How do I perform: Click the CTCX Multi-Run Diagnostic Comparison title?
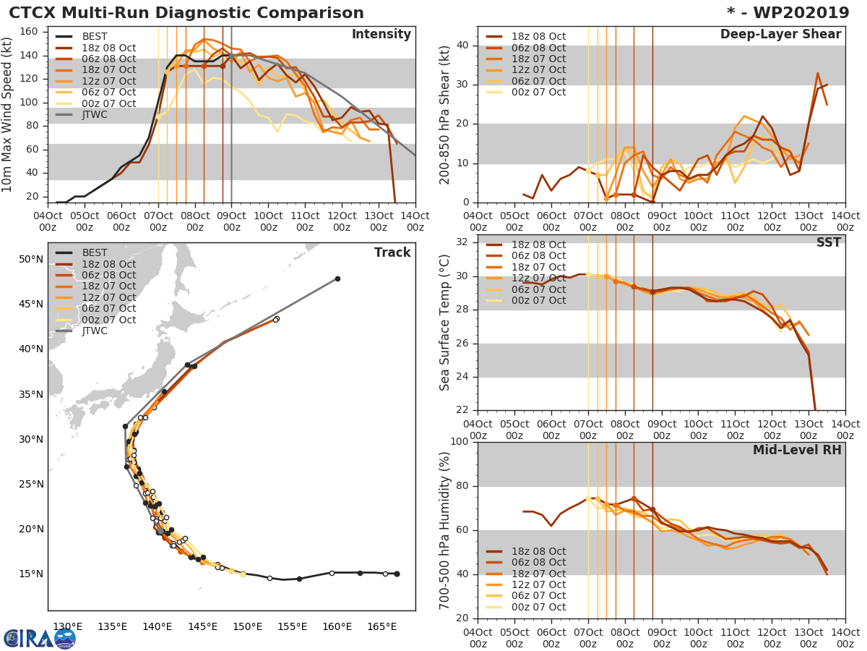point(186,13)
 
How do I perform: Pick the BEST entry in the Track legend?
point(95,252)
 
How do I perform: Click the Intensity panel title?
point(381,35)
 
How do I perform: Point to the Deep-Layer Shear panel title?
point(780,35)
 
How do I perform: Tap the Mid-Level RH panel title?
point(797,450)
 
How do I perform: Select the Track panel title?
point(392,252)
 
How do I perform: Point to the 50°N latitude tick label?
point(30,259)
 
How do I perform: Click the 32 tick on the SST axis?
point(462,242)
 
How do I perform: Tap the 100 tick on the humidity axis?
point(459,441)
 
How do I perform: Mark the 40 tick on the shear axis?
point(462,45)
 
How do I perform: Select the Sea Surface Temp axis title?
point(444,323)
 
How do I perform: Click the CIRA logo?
point(40,638)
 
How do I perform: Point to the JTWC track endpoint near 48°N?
point(337,278)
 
